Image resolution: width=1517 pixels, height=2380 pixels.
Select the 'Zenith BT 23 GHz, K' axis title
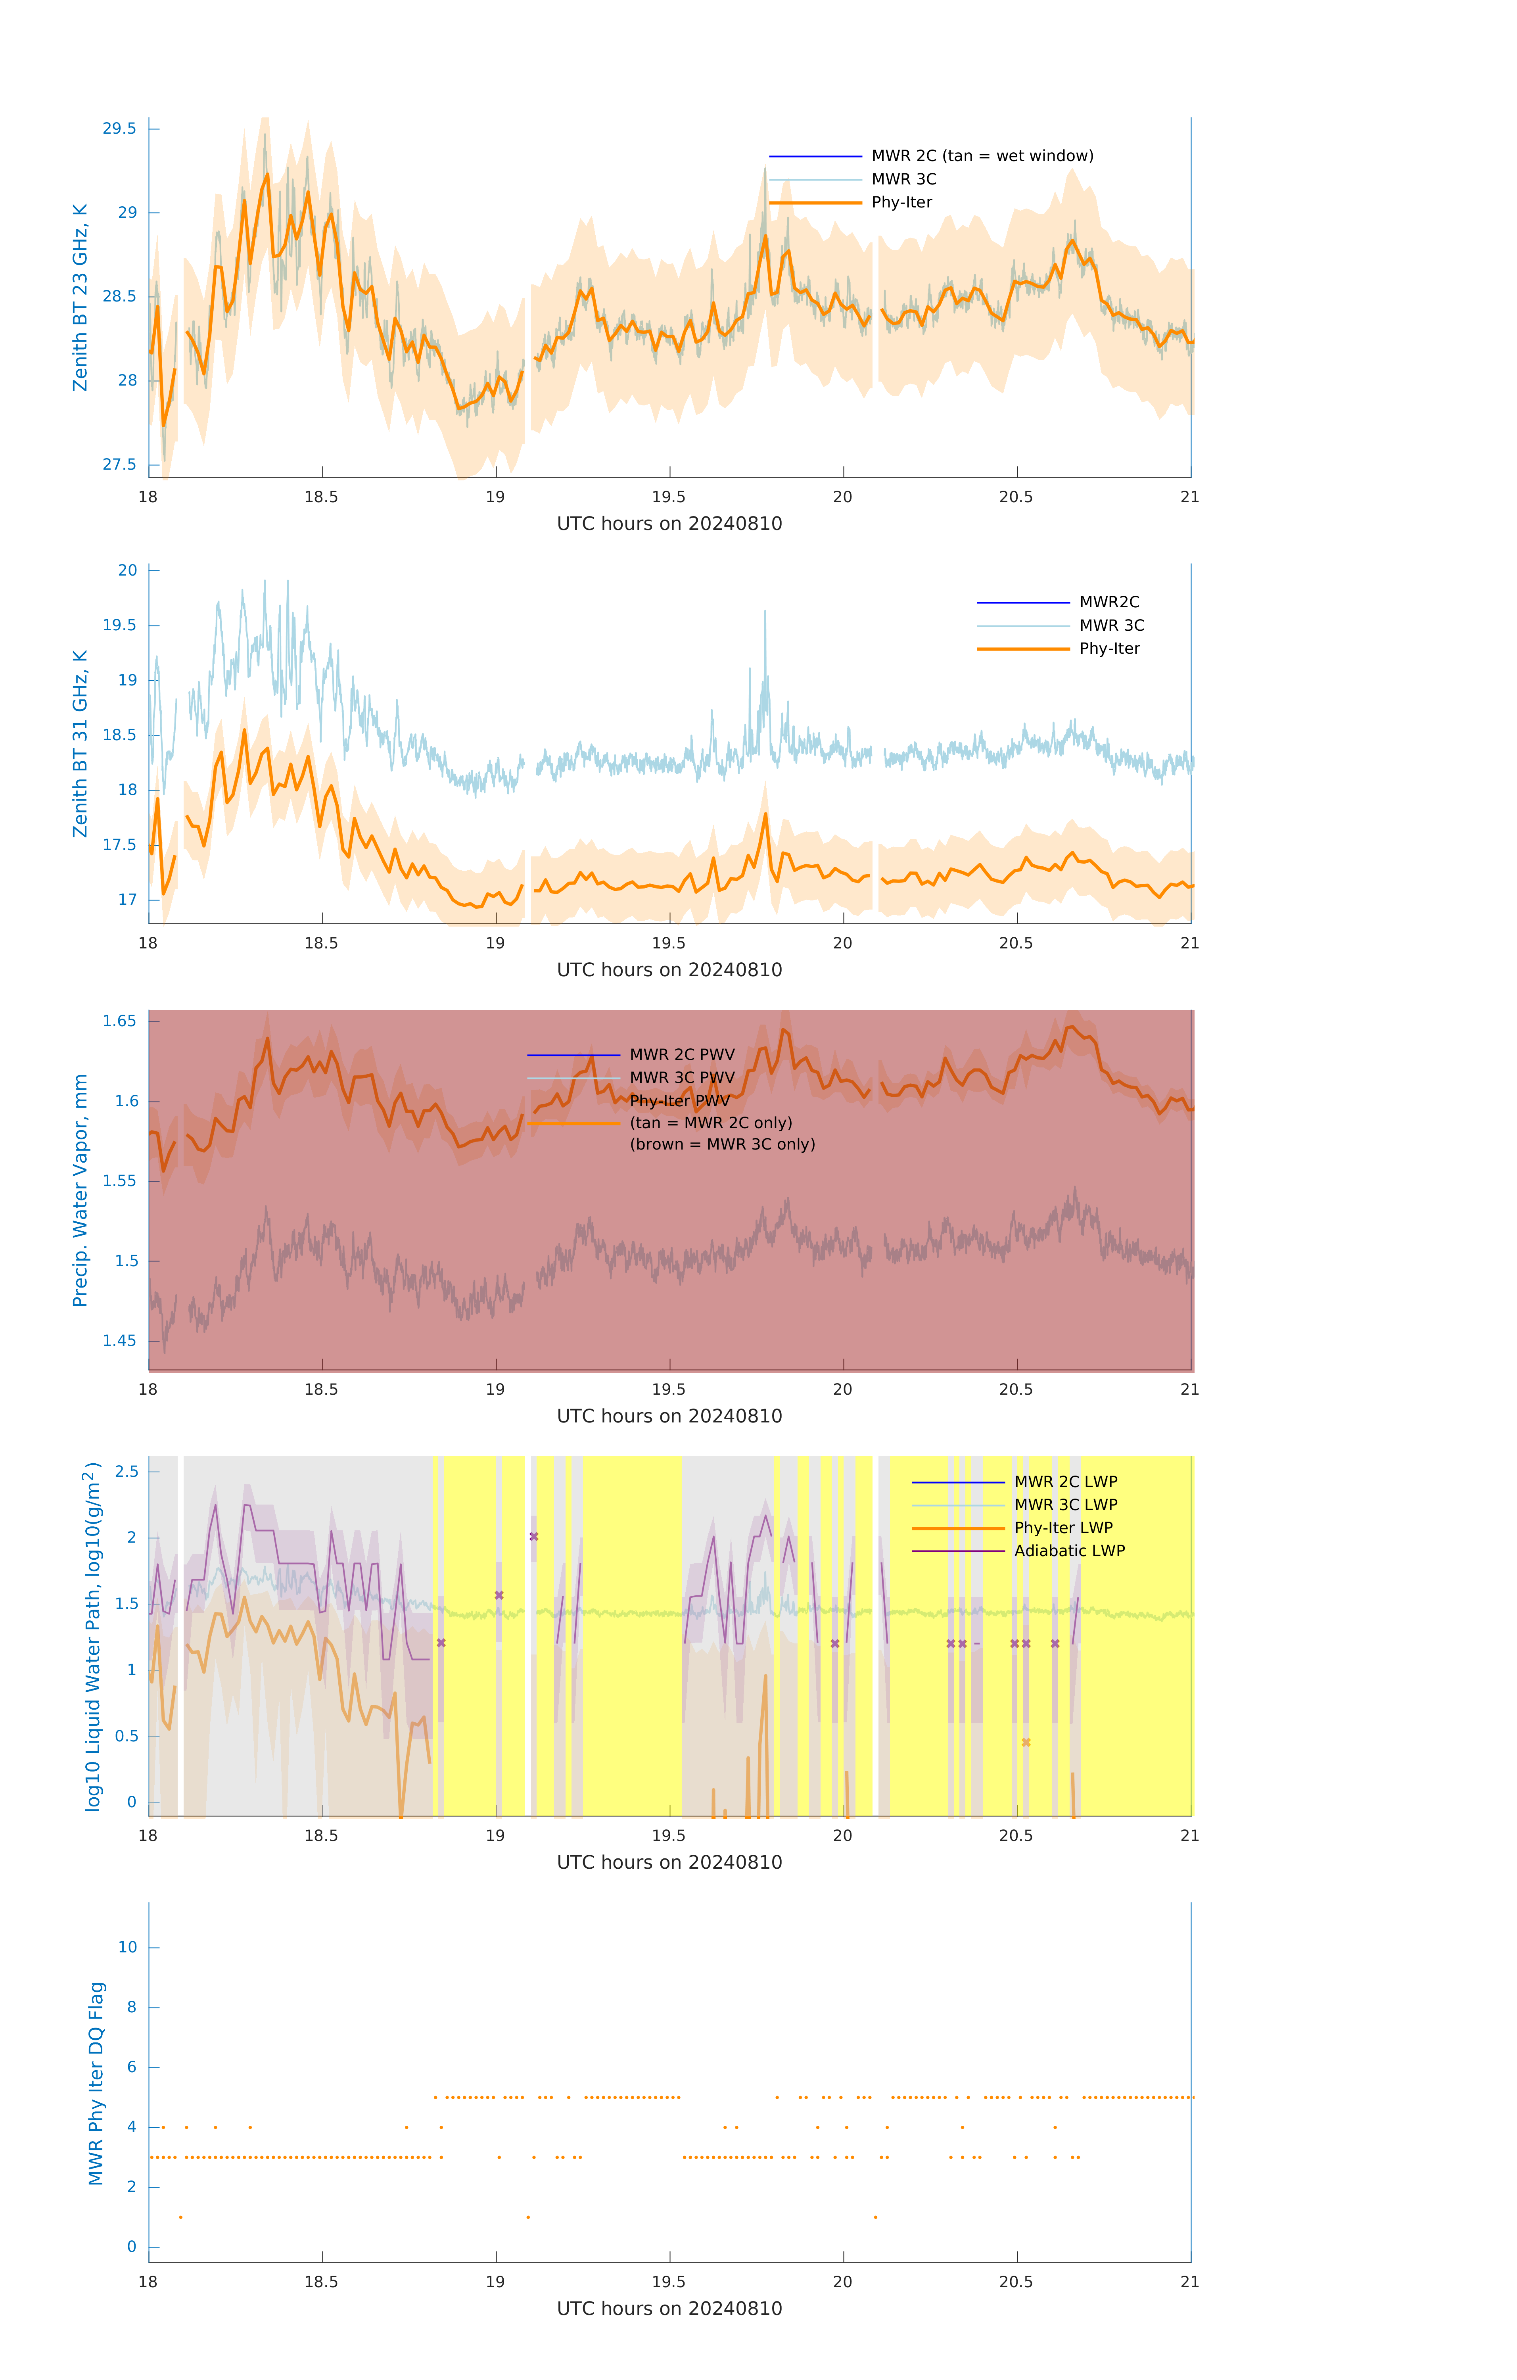point(80,297)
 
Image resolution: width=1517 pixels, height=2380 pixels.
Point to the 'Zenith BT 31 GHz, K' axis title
point(80,743)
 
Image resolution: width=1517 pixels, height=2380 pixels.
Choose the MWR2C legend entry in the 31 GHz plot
point(1109,602)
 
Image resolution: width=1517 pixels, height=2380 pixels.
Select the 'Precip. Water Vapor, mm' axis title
point(80,1190)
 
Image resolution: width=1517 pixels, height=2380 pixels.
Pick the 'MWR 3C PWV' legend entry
point(682,1077)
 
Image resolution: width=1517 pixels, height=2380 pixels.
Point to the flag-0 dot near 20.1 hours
point(876,2217)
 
